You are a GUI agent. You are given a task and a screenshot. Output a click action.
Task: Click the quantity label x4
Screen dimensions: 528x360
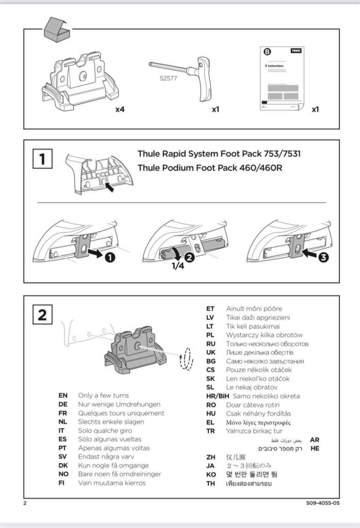[121, 109]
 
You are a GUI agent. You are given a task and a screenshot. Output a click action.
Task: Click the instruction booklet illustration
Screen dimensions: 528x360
[282, 79]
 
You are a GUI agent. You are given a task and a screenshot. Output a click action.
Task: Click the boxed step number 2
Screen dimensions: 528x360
[42, 314]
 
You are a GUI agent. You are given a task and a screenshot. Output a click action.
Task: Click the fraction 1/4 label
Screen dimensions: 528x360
[178, 267]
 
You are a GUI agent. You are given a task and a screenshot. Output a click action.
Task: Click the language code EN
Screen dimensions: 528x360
[63, 395]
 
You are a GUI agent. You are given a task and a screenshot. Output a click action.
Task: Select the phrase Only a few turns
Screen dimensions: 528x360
[104, 395]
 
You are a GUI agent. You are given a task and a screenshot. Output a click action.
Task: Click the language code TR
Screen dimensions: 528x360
[210, 431]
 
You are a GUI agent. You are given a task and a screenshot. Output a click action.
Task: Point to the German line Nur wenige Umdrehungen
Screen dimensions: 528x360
[119, 404]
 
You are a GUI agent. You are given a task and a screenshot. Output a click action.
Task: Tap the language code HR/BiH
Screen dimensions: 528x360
[217, 396]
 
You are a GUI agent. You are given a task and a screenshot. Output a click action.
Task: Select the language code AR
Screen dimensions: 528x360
[315, 440]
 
